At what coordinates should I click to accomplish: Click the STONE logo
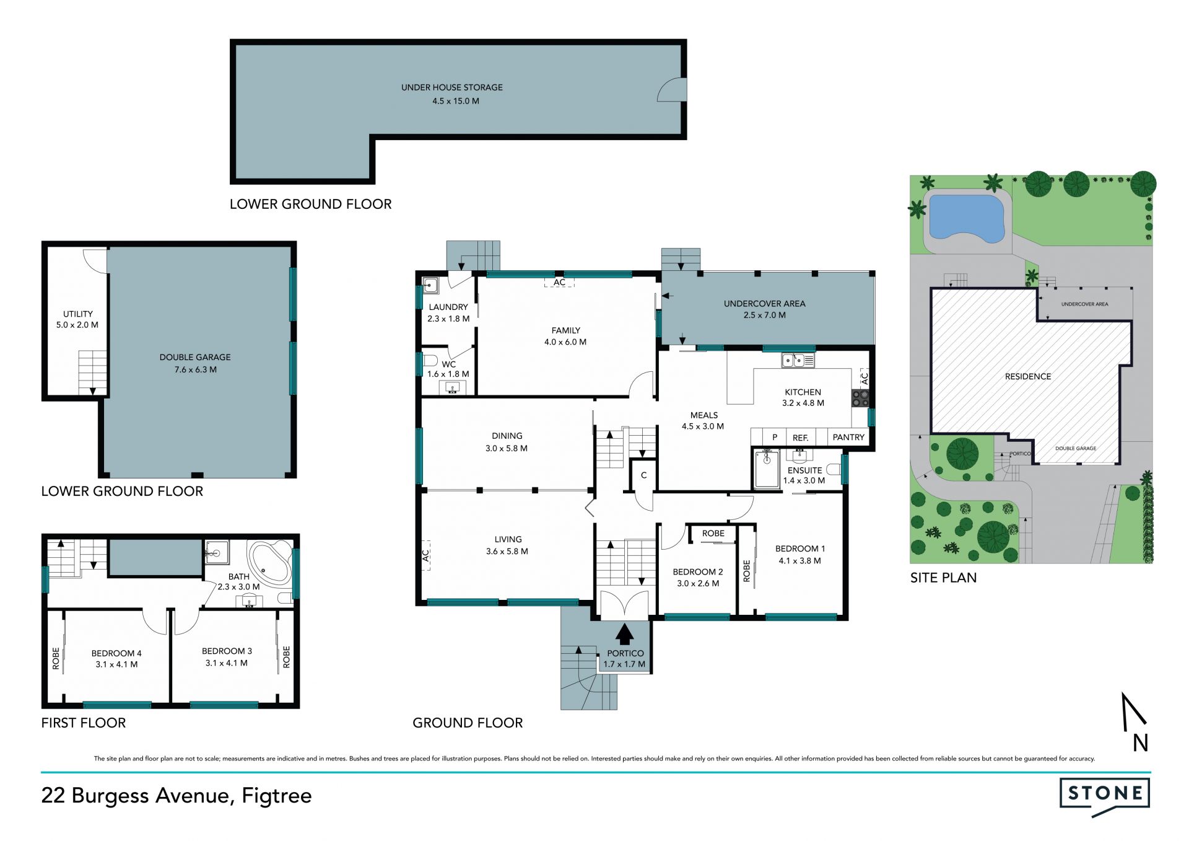1105,796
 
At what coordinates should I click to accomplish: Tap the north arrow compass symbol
1135,722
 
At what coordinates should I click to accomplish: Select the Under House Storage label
452,94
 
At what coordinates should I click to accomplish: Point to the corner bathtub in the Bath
270,563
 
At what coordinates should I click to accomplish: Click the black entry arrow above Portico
625,634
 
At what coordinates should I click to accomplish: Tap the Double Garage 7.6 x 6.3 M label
195,363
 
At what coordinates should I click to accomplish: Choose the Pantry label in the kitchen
848,437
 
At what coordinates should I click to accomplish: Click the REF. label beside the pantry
801,438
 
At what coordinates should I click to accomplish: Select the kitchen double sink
798,359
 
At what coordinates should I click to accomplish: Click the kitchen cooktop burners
860,398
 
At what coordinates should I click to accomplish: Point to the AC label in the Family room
559,283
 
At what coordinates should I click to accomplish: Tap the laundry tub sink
431,286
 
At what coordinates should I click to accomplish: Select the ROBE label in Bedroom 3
286,657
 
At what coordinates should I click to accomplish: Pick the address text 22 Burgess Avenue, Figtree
176,796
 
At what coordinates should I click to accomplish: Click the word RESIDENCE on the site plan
1028,376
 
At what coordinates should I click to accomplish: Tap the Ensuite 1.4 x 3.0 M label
804,475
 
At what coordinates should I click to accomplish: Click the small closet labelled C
644,475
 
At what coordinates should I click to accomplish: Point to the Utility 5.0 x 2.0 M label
77,319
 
